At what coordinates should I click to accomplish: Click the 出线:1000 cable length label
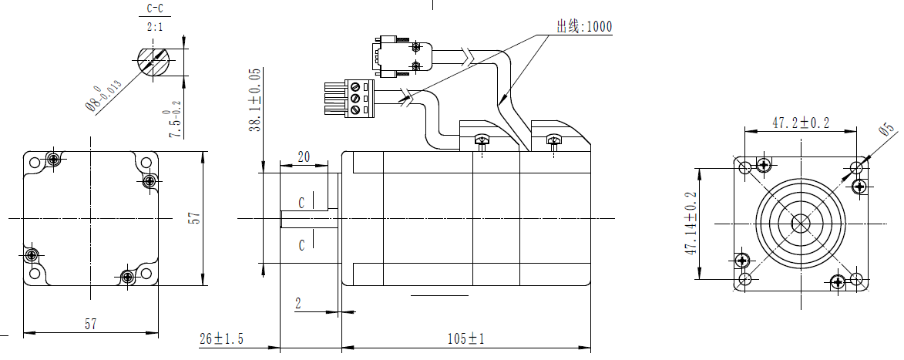[584, 27]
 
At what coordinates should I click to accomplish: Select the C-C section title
[154, 10]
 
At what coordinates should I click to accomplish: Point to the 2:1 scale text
[154, 27]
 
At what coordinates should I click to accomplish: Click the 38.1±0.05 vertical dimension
[255, 100]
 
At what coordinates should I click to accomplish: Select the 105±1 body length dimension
[465, 338]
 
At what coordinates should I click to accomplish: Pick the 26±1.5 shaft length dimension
[222, 338]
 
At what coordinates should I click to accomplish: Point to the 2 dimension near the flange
[298, 303]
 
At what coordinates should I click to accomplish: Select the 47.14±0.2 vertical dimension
[691, 224]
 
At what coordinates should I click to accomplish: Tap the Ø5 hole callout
[886, 132]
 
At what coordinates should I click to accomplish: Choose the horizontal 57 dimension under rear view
[91, 325]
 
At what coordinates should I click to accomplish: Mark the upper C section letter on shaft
[301, 204]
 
